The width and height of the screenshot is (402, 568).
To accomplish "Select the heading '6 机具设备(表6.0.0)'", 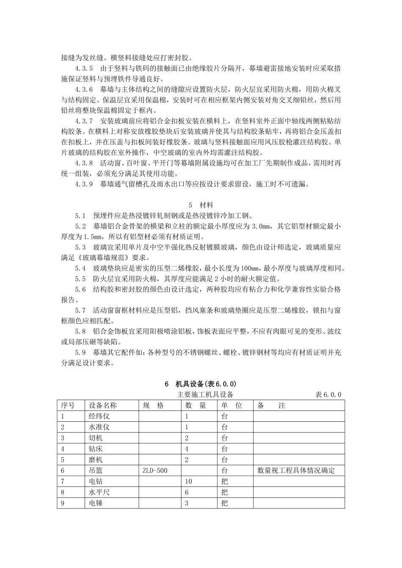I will pos(201,384).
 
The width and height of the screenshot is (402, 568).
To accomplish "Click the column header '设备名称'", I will pos(102,405).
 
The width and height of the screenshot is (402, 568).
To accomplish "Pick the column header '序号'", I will pos(68,405).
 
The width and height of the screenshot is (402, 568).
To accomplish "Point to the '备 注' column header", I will pos(271,405).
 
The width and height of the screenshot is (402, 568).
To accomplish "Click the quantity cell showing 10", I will pos(189,481).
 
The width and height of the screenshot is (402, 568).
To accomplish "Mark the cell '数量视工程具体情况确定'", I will pos(296,470).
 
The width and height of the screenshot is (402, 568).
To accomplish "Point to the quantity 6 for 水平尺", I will pos(187,492).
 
